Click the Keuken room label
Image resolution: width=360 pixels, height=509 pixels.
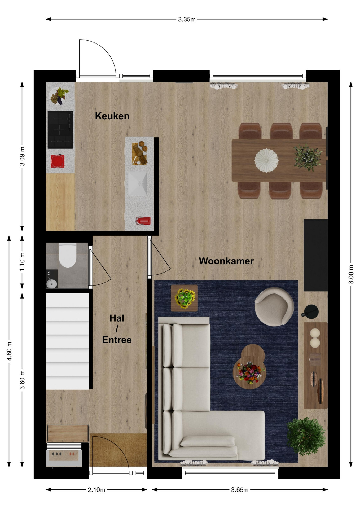click(112, 116)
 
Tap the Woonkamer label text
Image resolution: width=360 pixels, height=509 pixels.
click(226, 261)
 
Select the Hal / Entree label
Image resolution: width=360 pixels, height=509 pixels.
click(117, 329)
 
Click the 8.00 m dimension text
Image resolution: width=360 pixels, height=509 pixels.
click(351, 274)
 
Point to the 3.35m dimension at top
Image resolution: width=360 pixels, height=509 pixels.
click(187, 19)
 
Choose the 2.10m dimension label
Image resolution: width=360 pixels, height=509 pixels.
click(96, 490)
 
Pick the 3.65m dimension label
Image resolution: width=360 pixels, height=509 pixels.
click(240, 490)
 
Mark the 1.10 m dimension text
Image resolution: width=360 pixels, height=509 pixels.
click(22, 262)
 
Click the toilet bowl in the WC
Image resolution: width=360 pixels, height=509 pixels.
click(68, 255)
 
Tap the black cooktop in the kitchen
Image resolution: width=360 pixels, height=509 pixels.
click(60, 130)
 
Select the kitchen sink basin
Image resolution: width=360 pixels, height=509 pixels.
click(138, 183)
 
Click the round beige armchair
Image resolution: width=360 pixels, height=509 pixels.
click(274, 307)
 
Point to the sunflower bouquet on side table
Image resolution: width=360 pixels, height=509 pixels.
click(185, 299)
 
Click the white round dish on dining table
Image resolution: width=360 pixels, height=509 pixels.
click(266, 160)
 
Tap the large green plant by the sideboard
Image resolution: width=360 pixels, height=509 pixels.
click(306, 436)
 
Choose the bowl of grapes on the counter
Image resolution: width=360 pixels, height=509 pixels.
click(59, 96)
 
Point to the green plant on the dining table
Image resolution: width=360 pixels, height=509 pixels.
click(308, 157)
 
